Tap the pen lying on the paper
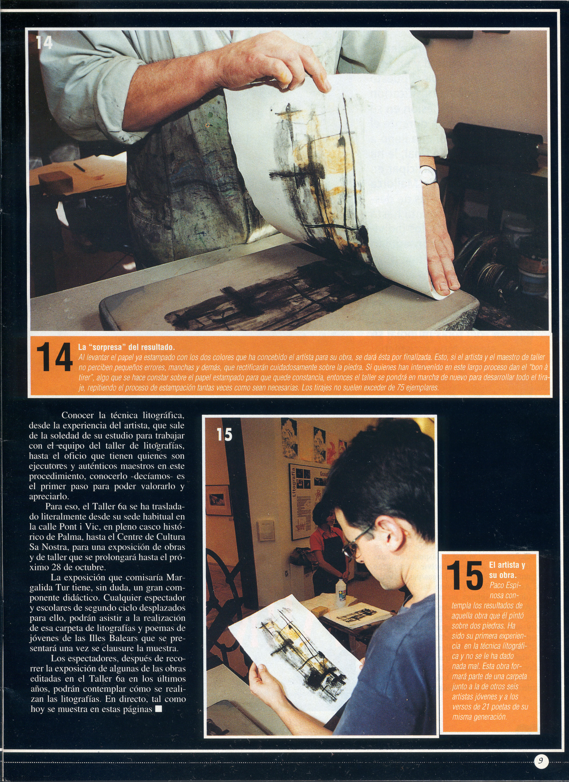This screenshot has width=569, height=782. pos(79,167)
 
